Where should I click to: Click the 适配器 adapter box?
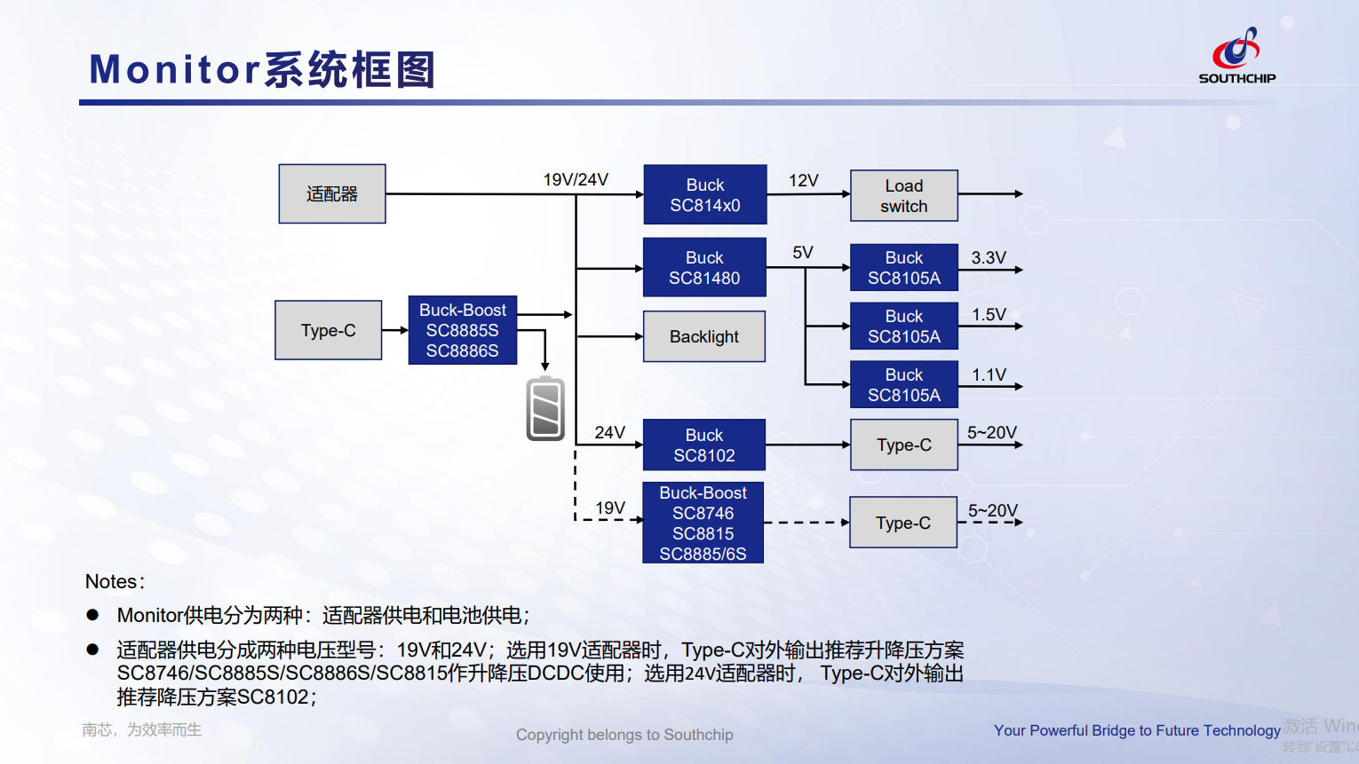click(332, 193)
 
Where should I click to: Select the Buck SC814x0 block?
click(705, 194)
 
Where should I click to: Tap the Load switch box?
click(903, 195)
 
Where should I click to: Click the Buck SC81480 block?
click(704, 267)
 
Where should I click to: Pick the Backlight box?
click(703, 336)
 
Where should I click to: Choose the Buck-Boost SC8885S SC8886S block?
click(462, 330)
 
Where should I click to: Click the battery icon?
click(545, 409)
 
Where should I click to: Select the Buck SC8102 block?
click(703, 445)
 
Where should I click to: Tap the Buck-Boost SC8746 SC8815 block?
click(703, 523)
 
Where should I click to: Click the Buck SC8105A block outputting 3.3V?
click(903, 267)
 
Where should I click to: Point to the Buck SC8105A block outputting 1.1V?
click(903, 384)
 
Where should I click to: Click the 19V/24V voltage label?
click(576, 179)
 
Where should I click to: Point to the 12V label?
click(803, 180)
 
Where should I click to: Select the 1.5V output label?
click(989, 315)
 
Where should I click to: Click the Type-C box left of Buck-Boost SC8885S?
click(328, 330)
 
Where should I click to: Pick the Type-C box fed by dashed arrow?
click(902, 523)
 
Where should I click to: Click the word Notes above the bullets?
click(112, 581)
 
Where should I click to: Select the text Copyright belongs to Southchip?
click(624, 735)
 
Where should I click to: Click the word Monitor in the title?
click(174, 69)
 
